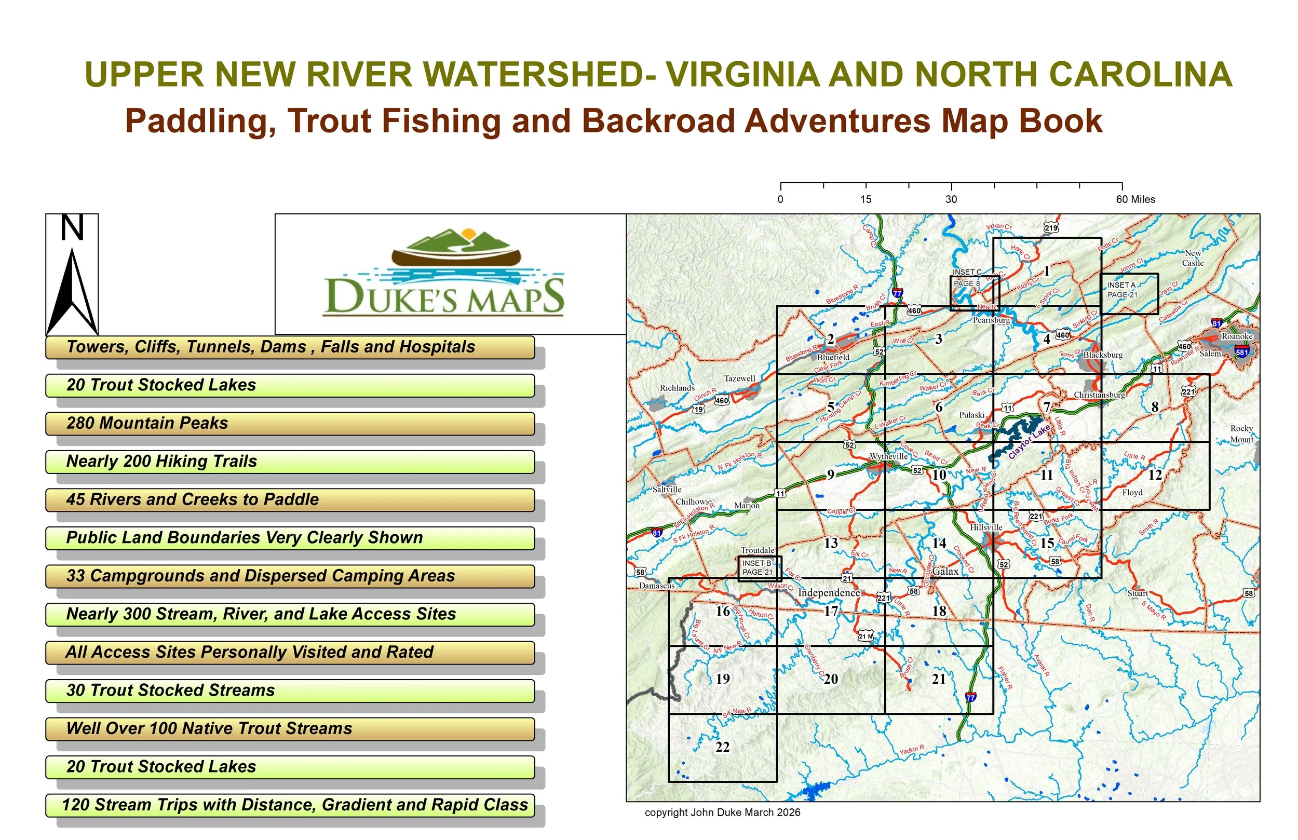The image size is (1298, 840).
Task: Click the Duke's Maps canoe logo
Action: [x=444, y=273]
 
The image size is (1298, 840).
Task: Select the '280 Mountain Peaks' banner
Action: [x=290, y=423]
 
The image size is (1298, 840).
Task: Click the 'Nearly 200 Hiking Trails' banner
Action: [x=290, y=462]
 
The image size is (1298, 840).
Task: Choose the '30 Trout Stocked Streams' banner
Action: [x=290, y=690]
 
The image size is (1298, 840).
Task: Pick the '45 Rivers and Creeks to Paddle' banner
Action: [x=290, y=499]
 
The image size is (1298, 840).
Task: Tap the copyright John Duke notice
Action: [x=722, y=812]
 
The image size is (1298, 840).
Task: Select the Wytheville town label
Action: [x=888, y=456]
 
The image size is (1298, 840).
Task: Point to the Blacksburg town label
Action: [x=1103, y=355]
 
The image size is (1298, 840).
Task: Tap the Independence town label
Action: [x=829, y=593]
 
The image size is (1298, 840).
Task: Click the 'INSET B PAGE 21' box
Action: [x=759, y=568]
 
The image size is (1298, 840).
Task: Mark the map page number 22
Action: [x=722, y=747]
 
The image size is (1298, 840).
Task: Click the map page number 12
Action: [x=1155, y=475]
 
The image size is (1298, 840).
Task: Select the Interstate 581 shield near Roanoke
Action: [x=1242, y=353]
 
